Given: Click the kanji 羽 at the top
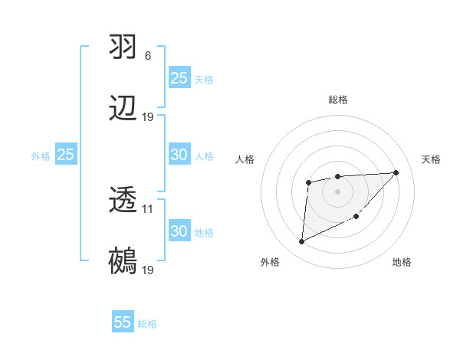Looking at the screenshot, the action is coord(123,46).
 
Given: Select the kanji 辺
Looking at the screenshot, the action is coord(123,108).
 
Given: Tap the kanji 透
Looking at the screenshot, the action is coord(123,201).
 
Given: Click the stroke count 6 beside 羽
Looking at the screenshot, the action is coord(148,55).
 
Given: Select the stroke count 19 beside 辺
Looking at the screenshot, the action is coord(148,117).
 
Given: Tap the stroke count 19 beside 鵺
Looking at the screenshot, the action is coord(148,271).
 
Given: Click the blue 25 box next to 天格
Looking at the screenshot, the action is coord(179,78).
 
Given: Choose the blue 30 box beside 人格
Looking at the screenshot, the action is coord(179,155).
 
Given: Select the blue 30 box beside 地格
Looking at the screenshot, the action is coord(179,231).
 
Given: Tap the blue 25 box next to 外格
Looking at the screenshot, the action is coord(66,155).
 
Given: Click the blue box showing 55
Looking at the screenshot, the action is coord(123,322).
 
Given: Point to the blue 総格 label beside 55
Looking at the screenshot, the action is coord(147,324).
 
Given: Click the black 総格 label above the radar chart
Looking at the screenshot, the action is coord(338,100).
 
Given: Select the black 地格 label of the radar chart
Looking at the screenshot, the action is coord(402,263).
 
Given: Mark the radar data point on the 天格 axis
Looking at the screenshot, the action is coord(396,172).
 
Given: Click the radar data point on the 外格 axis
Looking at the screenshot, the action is coord(301,242).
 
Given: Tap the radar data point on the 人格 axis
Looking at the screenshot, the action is coord(308,182).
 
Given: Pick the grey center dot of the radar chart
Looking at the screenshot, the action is coord(338,191).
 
